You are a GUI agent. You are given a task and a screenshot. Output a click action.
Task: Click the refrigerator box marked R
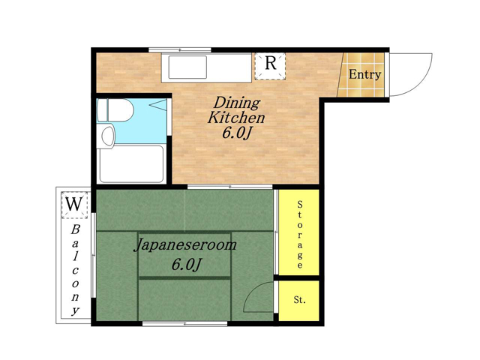(x=270, y=66)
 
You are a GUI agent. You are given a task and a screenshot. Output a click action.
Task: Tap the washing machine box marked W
(x=74, y=205)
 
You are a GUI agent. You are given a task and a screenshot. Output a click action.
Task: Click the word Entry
(x=365, y=74)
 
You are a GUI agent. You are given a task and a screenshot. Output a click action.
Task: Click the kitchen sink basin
(x=187, y=67)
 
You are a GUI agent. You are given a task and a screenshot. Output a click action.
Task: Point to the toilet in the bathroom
(x=115, y=110)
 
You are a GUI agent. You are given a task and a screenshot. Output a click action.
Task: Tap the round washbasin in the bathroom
(x=107, y=136)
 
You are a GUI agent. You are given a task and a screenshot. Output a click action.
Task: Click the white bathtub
(x=131, y=164)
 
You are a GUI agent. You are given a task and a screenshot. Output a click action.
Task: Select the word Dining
(x=237, y=103)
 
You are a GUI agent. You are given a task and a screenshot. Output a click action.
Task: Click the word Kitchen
(x=236, y=118)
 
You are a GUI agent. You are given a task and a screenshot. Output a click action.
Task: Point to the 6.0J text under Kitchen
(x=237, y=133)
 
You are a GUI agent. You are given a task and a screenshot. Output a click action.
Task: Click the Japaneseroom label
(x=185, y=245)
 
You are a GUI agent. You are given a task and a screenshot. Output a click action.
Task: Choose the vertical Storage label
(x=300, y=235)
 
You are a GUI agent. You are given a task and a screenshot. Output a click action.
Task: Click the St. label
(x=300, y=300)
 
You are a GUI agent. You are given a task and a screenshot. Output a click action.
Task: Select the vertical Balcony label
(x=75, y=270)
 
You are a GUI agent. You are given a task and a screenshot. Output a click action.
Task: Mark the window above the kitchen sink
(x=180, y=50)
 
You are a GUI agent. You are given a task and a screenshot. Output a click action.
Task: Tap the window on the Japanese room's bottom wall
(x=185, y=323)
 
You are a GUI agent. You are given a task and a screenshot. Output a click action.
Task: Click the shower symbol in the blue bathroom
(x=158, y=105)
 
